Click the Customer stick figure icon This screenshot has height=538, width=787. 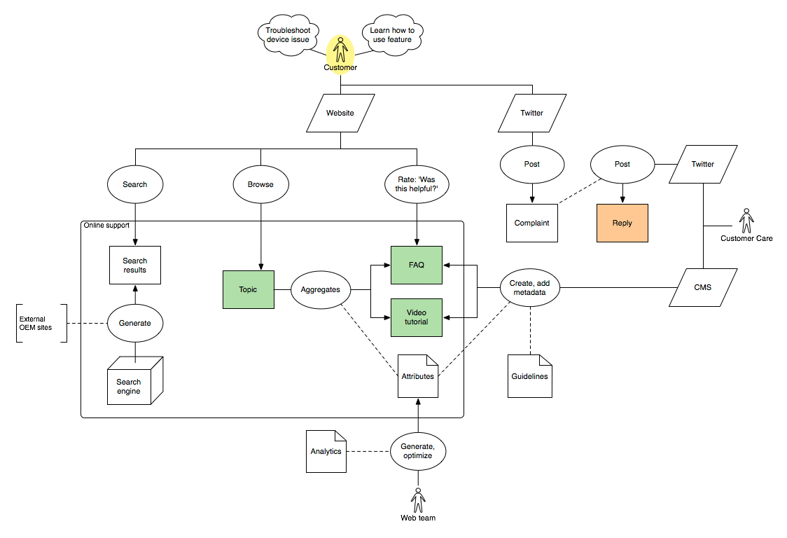340,50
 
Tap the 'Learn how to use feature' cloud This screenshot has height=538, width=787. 392,35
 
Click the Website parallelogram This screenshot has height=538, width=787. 340,113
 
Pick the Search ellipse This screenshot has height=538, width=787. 135,184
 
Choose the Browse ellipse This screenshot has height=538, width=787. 260,184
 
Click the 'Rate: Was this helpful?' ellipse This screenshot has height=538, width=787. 417,184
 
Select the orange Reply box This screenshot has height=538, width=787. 622,223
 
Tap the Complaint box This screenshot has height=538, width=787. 532,223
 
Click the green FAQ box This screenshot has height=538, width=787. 417,265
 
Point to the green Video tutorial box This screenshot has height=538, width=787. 417,317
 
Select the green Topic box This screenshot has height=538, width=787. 249,289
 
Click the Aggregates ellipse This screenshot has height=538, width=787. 320,289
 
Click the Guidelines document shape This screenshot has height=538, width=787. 529,376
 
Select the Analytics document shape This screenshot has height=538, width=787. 326,451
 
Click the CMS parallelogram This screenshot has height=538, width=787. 702,287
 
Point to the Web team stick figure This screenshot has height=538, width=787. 418,500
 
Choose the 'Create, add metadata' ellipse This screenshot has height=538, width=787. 530,287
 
